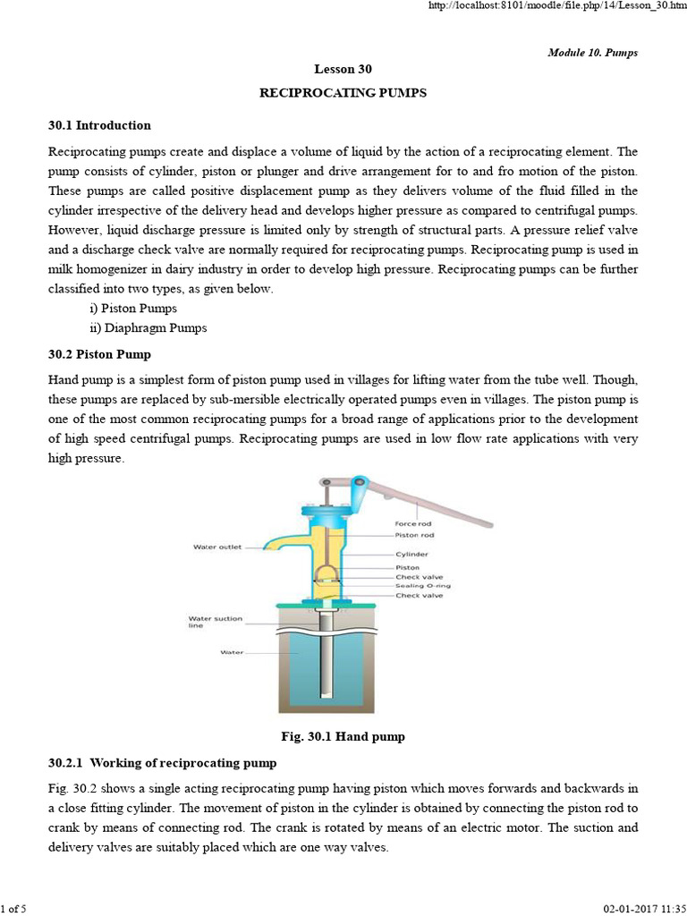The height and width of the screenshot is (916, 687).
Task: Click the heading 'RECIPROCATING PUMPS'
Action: [343, 92]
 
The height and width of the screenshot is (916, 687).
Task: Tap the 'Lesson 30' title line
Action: [343, 69]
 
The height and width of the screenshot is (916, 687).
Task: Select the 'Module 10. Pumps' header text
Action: [592, 53]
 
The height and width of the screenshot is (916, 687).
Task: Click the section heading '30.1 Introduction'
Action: [99, 125]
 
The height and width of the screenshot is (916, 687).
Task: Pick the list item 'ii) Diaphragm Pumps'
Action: [154, 327]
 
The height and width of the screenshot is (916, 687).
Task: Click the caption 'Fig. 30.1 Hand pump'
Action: [343, 736]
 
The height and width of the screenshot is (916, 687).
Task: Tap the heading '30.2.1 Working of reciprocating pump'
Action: [162, 763]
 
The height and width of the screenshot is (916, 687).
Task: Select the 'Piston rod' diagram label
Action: [415, 535]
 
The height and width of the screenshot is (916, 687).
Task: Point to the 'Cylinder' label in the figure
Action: [412, 554]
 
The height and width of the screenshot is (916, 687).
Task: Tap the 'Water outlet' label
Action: [217, 547]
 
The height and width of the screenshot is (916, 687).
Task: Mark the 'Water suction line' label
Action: [208, 622]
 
